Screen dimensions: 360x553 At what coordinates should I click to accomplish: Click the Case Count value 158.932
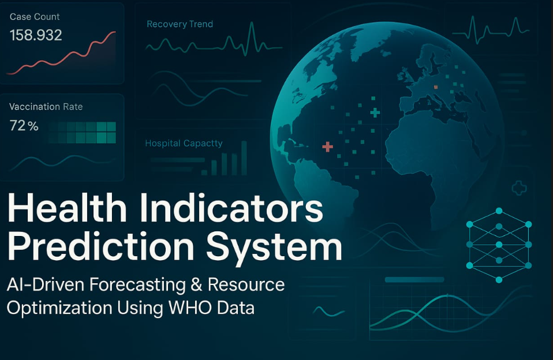36,36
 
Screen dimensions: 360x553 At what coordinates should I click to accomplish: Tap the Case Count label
35,17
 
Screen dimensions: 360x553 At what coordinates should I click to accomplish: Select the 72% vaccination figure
24,126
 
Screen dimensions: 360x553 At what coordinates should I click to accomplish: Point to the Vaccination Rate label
46,107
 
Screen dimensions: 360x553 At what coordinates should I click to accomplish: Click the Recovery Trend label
180,24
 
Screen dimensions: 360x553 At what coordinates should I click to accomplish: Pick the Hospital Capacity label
184,143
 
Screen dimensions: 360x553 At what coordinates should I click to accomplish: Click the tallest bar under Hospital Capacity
244,157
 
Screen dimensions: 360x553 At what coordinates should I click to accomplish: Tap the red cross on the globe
327,147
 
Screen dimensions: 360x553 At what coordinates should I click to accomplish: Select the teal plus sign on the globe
375,112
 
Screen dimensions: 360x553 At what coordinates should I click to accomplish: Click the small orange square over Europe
435,87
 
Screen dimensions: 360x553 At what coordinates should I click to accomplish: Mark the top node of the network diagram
499,211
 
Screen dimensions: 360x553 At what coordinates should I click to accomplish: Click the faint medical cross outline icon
519,187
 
